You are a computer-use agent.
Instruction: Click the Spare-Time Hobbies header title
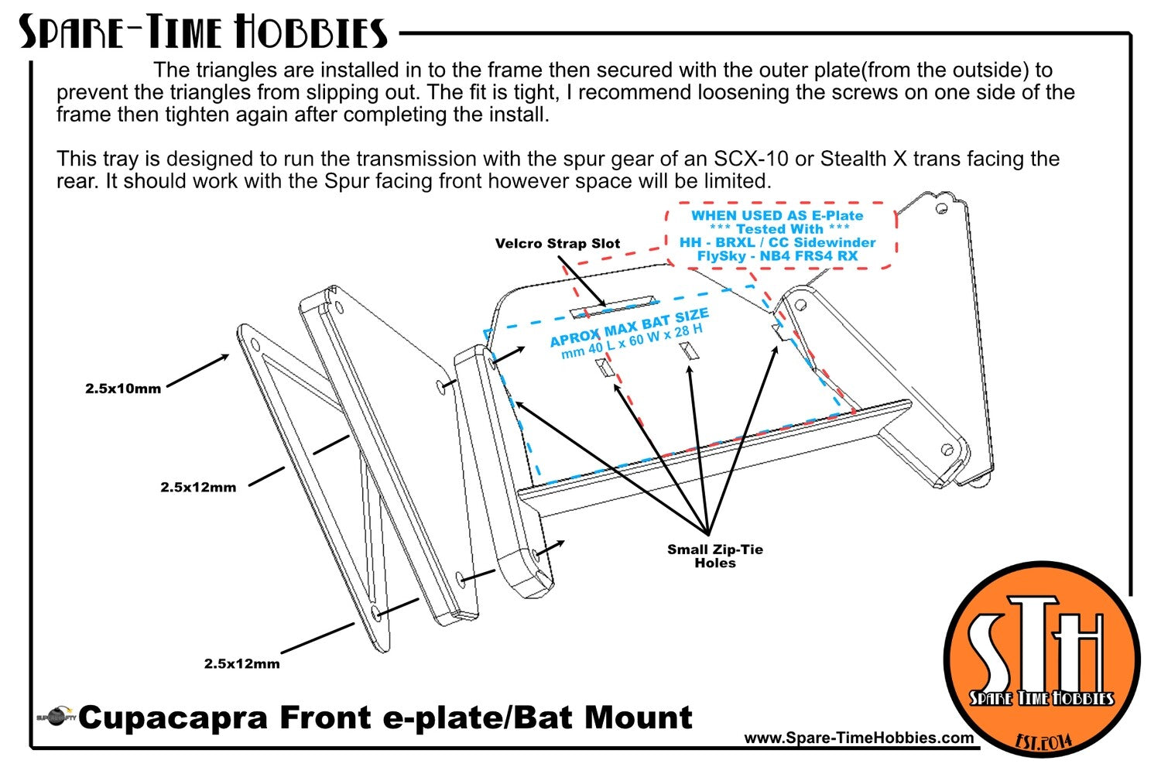coord(203,33)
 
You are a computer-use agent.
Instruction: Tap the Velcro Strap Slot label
coord(557,244)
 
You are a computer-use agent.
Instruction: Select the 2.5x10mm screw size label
coord(123,389)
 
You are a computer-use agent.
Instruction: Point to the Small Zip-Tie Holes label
coord(714,556)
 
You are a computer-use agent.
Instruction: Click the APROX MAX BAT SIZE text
coord(629,327)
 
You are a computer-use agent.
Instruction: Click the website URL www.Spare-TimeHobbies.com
coord(859,738)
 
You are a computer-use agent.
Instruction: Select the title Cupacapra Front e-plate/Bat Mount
coord(385,717)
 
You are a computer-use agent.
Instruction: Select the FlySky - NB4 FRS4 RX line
coord(777,256)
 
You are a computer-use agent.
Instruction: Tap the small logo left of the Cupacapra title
coord(56,717)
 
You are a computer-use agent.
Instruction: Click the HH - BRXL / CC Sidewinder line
coord(777,243)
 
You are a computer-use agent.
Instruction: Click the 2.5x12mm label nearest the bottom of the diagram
coord(241,663)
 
